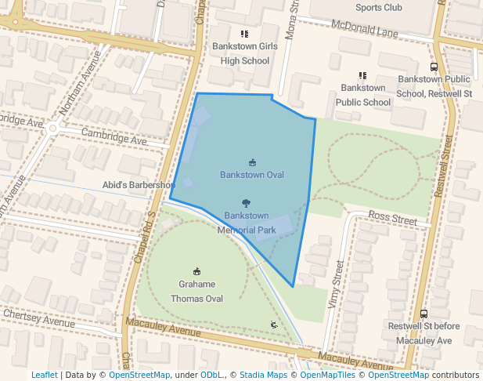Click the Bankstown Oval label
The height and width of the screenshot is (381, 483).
point(251,174)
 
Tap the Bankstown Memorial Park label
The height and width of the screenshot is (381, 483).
point(247,223)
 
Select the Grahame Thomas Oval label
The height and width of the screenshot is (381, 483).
point(196,292)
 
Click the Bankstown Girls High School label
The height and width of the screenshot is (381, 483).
point(244,53)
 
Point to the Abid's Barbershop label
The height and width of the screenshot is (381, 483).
point(138,185)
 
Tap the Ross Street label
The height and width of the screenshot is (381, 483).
point(393,219)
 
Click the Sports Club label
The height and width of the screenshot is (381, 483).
point(378,8)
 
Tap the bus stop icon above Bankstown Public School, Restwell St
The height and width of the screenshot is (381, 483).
point(434,67)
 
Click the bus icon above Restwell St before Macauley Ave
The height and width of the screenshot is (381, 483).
point(424,314)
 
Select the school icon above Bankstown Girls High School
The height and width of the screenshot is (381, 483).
point(244,34)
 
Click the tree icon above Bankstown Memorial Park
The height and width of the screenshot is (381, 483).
point(247,202)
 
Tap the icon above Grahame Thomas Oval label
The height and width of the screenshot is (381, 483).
point(196,271)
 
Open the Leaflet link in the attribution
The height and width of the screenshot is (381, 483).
point(44,375)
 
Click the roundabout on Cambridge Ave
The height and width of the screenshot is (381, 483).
point(52,128)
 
